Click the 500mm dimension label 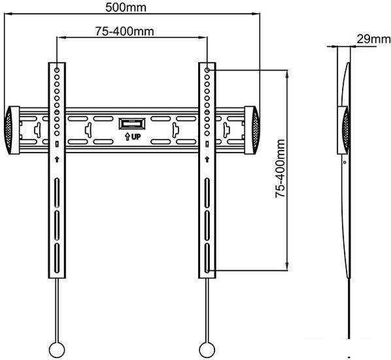point(126,7)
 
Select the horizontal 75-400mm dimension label point(124,31)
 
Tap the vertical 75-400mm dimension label point(280,169)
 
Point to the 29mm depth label point(373,39)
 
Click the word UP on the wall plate point(136,137)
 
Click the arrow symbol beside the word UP point(127,137)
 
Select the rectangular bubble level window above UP point(132,124)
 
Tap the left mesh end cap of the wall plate point(8,130)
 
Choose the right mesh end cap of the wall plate point(256,130)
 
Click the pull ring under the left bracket point(57,350)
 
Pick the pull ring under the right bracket point(207,350)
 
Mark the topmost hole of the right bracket point(207,70)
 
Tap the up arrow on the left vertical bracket point(57,159)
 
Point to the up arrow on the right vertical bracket point(207,159)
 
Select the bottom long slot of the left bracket point(57,258)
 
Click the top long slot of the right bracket point(207,192)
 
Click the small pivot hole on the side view point(345,162)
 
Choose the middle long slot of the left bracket point(57,225)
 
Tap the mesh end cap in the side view point(346,130)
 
